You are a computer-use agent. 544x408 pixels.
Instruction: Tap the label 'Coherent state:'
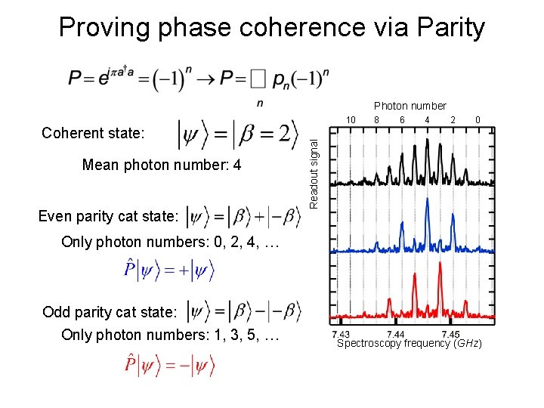click(93, 134)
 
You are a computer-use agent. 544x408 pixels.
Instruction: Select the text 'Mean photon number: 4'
click(162, 165)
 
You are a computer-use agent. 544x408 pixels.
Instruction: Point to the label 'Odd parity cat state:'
click(110, 312)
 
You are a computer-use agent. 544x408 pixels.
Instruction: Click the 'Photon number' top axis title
click(410, 106)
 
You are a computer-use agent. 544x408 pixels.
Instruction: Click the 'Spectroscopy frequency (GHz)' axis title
click(409, 344)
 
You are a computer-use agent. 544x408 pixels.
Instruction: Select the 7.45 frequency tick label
click(450, 334)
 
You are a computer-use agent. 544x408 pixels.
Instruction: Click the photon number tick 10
click(351, 120)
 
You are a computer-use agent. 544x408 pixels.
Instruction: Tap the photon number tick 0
click(477, 120)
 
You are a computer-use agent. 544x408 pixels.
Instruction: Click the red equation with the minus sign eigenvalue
click(170, 366)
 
